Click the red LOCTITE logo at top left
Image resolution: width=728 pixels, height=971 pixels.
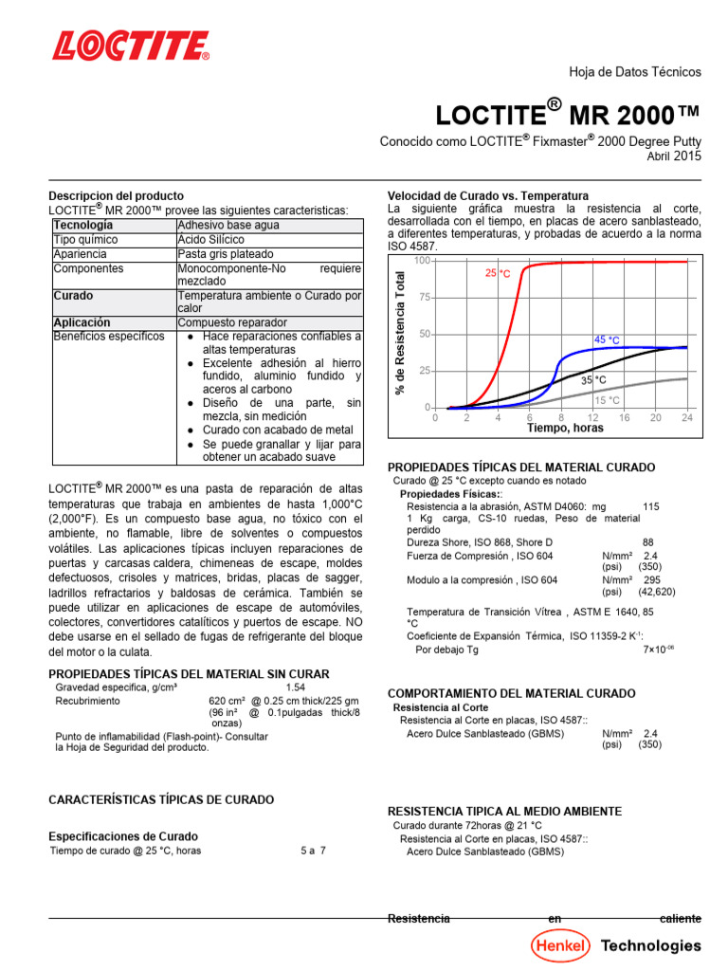tap(131, 46)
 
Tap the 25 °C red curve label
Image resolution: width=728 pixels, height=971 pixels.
tap(498, 273)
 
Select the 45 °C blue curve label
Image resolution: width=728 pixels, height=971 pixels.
tap(607, 339)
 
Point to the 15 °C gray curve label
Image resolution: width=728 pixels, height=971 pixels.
tap(607, 400)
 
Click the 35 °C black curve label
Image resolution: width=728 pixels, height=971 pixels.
tap(593, 379)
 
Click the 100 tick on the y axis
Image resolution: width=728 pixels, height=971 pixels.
tap(422, 260)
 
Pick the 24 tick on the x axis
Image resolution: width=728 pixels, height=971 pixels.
tap(686, 417)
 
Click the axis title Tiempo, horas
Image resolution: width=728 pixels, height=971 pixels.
tap(565, 428)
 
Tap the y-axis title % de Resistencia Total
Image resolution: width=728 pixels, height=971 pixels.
tap(400, 333)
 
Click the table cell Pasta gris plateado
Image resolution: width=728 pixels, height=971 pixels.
tap(225, 254)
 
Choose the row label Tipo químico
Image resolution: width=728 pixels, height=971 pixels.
tap(85, 240)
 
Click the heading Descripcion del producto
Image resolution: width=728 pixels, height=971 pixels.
tap(116, 195)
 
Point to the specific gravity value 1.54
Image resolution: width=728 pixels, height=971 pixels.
tap(296, 687)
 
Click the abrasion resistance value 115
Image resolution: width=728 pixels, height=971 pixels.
tap(650, 507)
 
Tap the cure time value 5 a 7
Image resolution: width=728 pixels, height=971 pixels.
tap(313, 851)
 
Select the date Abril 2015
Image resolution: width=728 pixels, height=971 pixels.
tap(674, 157)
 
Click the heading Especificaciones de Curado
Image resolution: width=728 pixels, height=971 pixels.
tap(123, 836)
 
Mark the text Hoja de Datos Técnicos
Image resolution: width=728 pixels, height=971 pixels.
tap(634, 72)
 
